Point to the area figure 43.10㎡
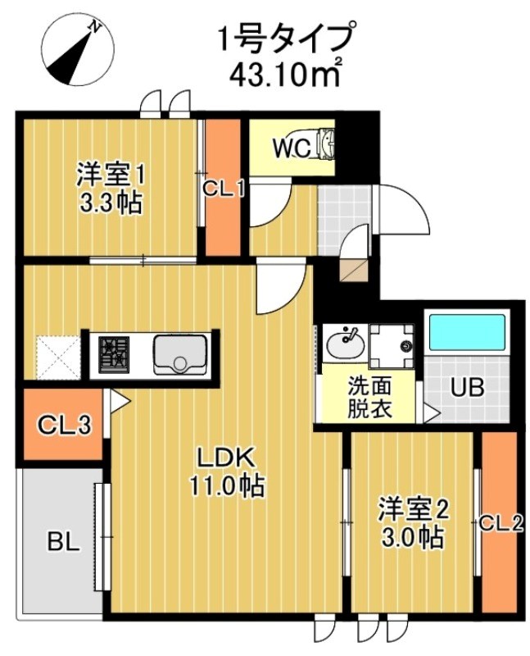pyautogui.click(x=286, y=73)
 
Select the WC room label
pyautogui.click(x=290, y=148)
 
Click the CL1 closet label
pyautogui.click(x=224, y=189)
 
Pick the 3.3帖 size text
pyautogui.click(x=111, y=202)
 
